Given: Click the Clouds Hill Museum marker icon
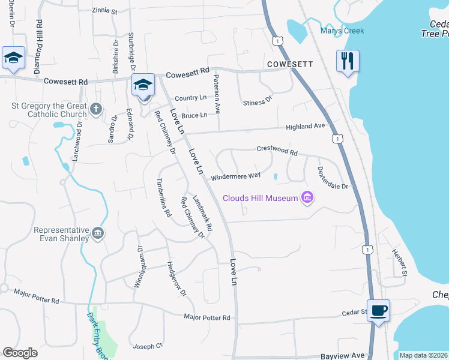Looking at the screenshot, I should click(x=308, y=197).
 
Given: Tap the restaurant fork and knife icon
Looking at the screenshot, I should click(x=348, y=61).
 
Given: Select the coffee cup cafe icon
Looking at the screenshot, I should click(x=378, y=311).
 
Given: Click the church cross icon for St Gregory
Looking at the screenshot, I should click(x=96, y=109).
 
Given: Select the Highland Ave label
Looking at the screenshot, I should click(x=305, y=127).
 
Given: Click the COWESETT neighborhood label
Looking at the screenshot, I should click(x=291, y=63).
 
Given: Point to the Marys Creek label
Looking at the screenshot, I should click(x=342, y=31).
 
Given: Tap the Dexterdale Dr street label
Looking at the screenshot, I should click(x=333, y=178).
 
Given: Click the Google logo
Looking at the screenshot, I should click(x=20, y=353).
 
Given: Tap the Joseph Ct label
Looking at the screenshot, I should click(x=148, y=346).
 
